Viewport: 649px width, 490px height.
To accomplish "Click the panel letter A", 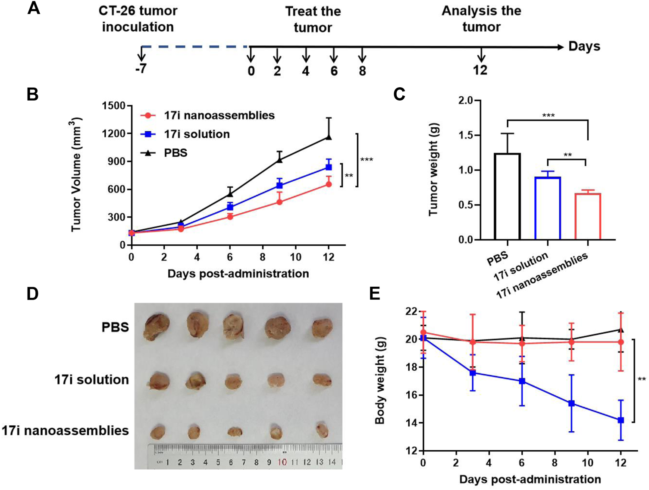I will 34,8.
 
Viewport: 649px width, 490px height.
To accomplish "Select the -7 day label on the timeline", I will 141,69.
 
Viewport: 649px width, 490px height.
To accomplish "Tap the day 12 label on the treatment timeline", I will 480,70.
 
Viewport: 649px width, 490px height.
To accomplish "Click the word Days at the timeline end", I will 584,46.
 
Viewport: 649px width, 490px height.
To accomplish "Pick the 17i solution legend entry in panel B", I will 196,134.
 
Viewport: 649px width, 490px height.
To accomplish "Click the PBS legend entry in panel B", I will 175,153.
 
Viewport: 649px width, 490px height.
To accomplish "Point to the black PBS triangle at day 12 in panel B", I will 329,137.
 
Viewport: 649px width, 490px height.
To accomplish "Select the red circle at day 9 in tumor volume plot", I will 279,202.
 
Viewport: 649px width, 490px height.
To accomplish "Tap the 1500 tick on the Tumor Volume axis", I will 113,106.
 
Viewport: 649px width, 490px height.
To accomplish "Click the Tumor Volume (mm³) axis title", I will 76,174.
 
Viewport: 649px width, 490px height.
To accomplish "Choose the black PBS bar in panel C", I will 508,196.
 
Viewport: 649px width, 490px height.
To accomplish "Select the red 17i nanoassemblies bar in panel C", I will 588,216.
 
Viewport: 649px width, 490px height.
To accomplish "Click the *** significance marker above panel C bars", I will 548,115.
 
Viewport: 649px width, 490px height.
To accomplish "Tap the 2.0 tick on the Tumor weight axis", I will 466,101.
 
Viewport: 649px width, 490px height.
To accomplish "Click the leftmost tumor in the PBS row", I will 157,327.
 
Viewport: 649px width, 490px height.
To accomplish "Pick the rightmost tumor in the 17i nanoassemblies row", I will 322,430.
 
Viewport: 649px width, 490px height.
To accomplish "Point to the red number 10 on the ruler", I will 282,462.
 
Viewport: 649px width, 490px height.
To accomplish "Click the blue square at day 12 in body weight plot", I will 621,420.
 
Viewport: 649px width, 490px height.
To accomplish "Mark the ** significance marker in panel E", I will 641,379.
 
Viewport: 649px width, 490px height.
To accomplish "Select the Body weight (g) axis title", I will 379,380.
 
